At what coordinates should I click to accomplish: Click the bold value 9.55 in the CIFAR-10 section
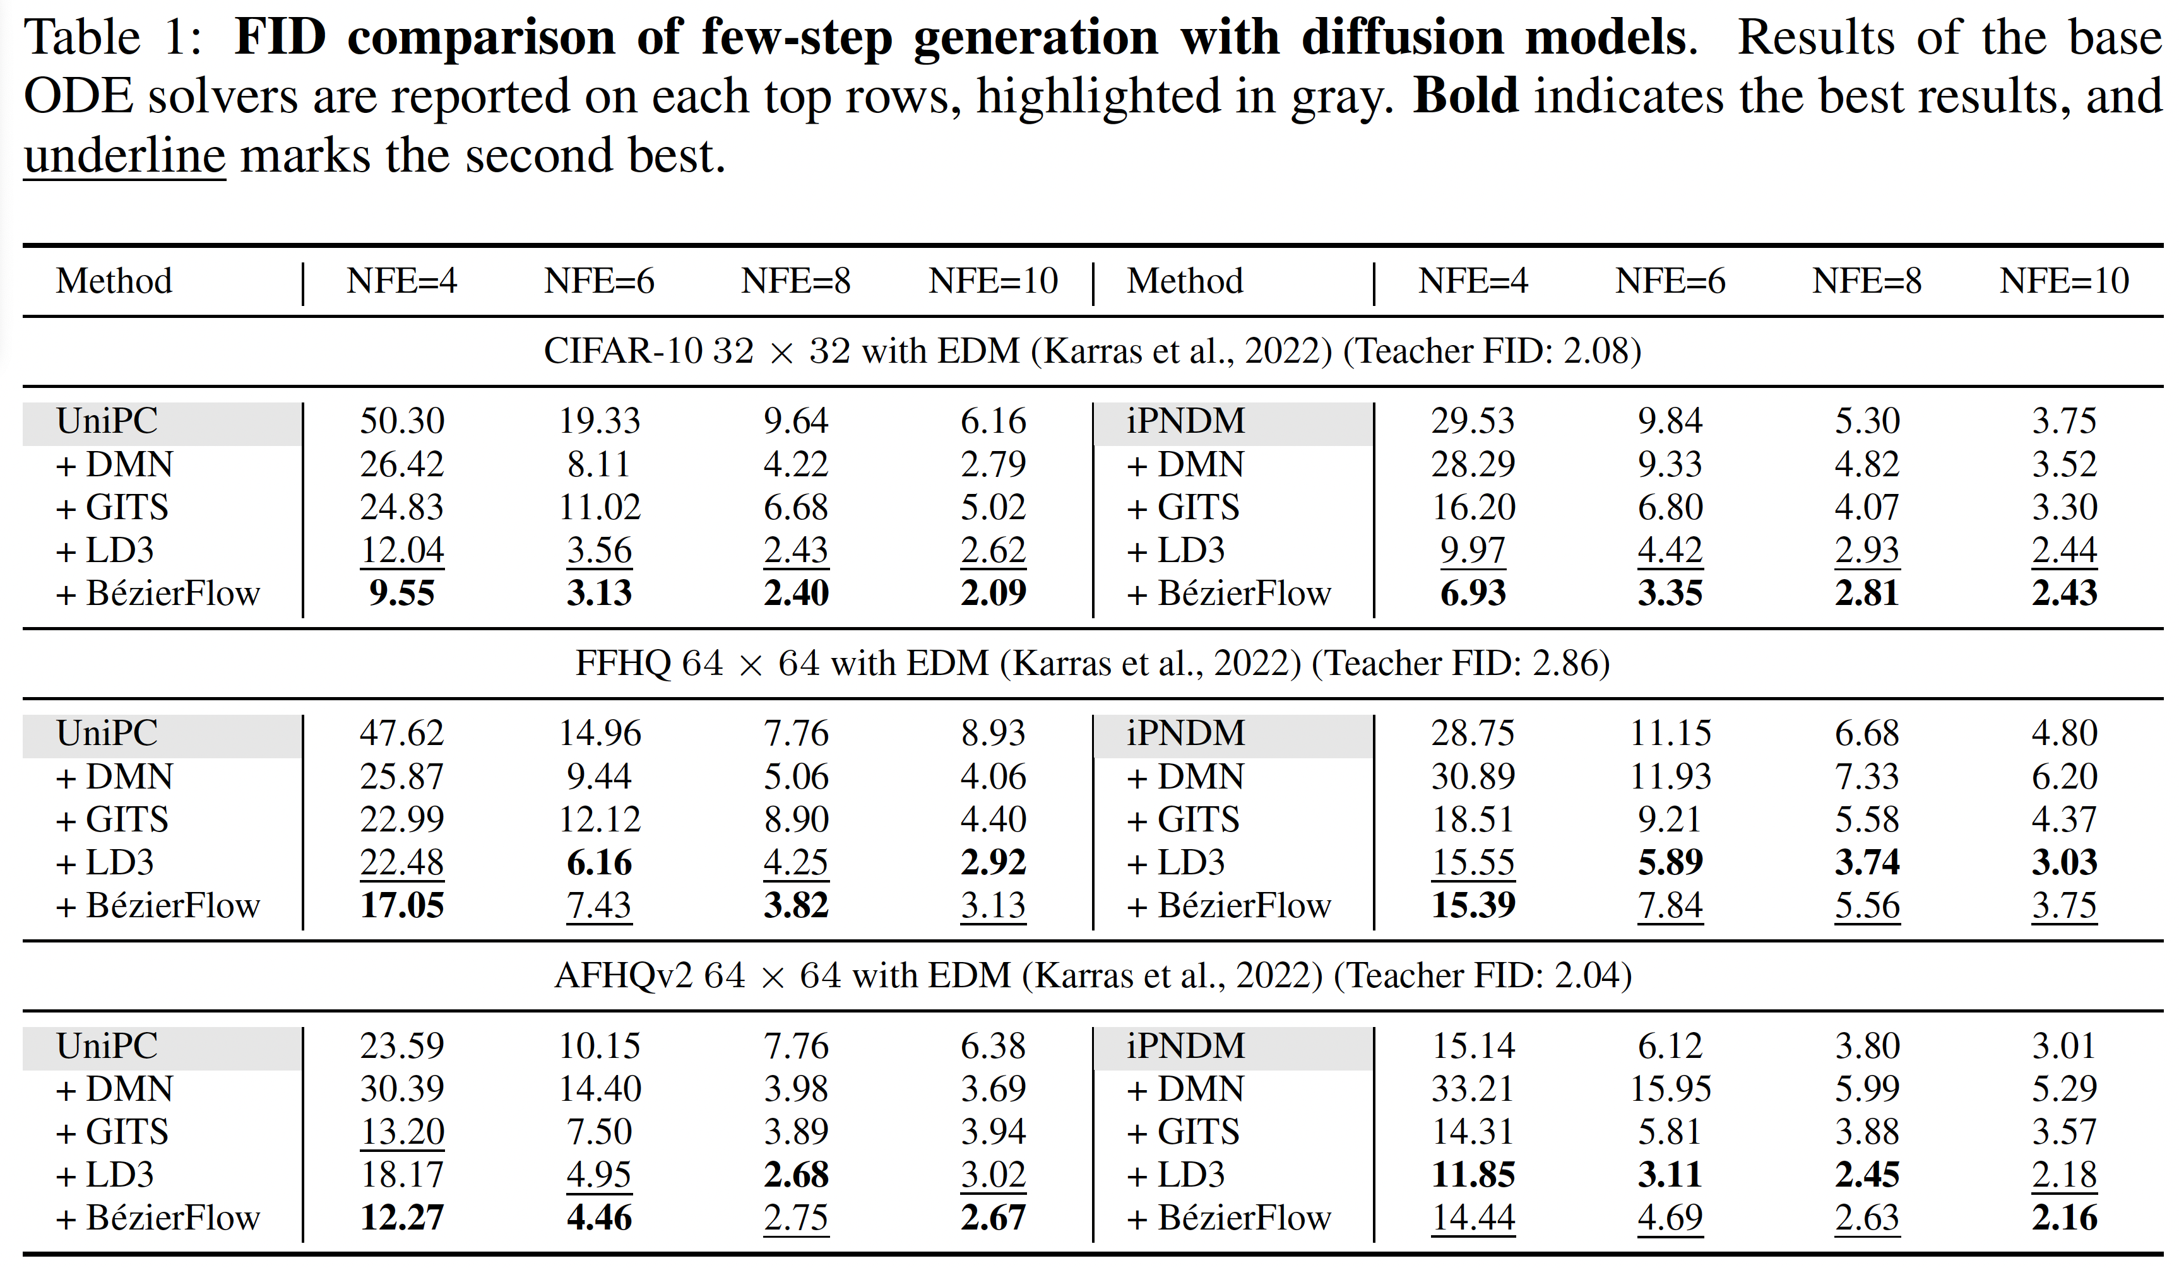coord(401,593)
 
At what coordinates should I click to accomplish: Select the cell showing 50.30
coord(401,421)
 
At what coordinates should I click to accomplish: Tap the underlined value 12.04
coord(401,549)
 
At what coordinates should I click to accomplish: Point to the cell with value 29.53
coord(1473,421)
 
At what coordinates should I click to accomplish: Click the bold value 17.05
coord(401,905)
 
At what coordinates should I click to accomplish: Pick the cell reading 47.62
coord(401,733)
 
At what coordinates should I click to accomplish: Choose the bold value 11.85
coord(1473,1174)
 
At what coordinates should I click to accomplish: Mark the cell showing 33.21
coord(1473,1088)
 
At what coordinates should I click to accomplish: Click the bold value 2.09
coord(993,593)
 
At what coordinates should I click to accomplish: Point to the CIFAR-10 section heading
coord(1092,351)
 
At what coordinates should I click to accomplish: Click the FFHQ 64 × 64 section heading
coord(1092,663)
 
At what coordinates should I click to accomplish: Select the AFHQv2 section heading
coord(1092,975)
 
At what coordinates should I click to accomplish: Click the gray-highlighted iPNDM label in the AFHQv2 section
coord(1185,1046)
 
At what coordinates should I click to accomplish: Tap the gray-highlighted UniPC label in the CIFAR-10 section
coord(107,421)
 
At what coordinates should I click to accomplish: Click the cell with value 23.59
coord(401,1046)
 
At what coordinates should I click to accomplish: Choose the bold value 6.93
coord(1473,593)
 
